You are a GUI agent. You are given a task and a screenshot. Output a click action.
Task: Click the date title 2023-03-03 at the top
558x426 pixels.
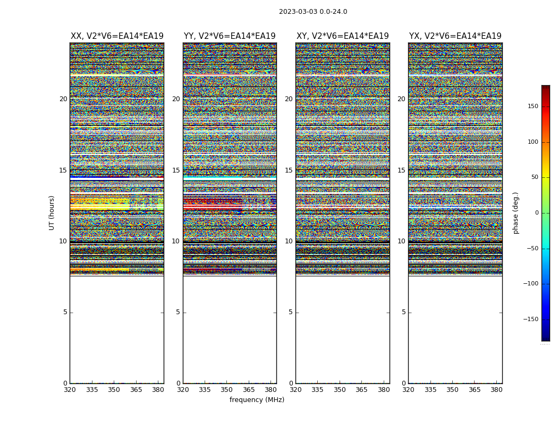coord(313,12)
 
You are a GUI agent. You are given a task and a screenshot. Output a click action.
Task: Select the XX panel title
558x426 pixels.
coord(117,36)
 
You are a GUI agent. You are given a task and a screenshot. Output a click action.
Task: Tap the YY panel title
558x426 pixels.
coord(230,36)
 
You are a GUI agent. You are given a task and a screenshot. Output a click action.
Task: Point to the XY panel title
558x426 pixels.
coord(342,36)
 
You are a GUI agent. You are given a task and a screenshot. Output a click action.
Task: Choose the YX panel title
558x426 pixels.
coord(455,36)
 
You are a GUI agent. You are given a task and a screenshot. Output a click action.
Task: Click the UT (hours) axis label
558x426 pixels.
coord(52,212)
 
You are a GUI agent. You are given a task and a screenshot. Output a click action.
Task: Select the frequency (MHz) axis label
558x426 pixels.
coord(257,400)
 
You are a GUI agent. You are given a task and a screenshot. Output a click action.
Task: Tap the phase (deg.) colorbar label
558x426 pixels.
coord(515,213)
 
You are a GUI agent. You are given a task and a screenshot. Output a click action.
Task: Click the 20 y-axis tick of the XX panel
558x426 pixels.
coord(63,99)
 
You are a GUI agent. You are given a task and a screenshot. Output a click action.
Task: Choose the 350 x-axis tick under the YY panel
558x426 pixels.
coord(227,390)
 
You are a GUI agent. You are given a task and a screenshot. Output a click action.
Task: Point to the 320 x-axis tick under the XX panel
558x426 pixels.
coord(70,390)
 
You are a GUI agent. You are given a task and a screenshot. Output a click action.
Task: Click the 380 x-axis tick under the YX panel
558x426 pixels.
coord(496,390)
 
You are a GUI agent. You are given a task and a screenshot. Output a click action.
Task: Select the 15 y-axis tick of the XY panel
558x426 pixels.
coord(289,170)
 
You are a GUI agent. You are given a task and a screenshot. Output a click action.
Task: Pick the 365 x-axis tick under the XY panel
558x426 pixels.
coord(361,390)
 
